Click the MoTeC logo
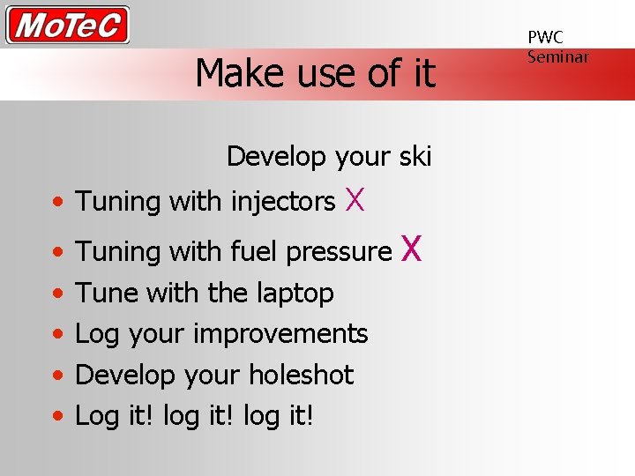[x=68, y=25]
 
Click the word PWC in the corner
[x=545, y=38]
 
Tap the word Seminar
[x=557, y=57]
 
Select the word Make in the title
[x=232, y=73]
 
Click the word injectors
[x=282, y=202]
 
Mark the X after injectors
[x=355, y=201]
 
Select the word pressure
[x=340, y=253]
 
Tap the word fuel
[x=254, y=252]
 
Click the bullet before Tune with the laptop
[x=57, y=293]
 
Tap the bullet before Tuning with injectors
[x=57, y=202]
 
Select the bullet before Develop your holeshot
[x=57, y=376]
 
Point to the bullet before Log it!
[x=57, y=416]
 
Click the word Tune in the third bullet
[x=108, y=293]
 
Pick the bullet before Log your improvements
[x=57, y=334]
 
